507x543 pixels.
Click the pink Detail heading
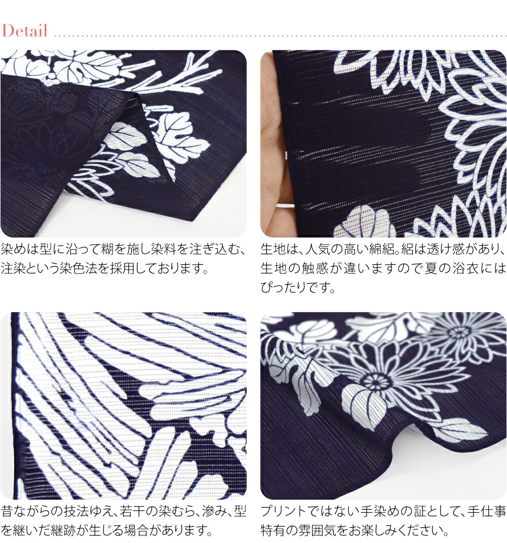coord(25,30)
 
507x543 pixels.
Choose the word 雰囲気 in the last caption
coord(302,530)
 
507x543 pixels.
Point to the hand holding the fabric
coord(276,145)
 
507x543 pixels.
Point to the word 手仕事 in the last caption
coord(487,511)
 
